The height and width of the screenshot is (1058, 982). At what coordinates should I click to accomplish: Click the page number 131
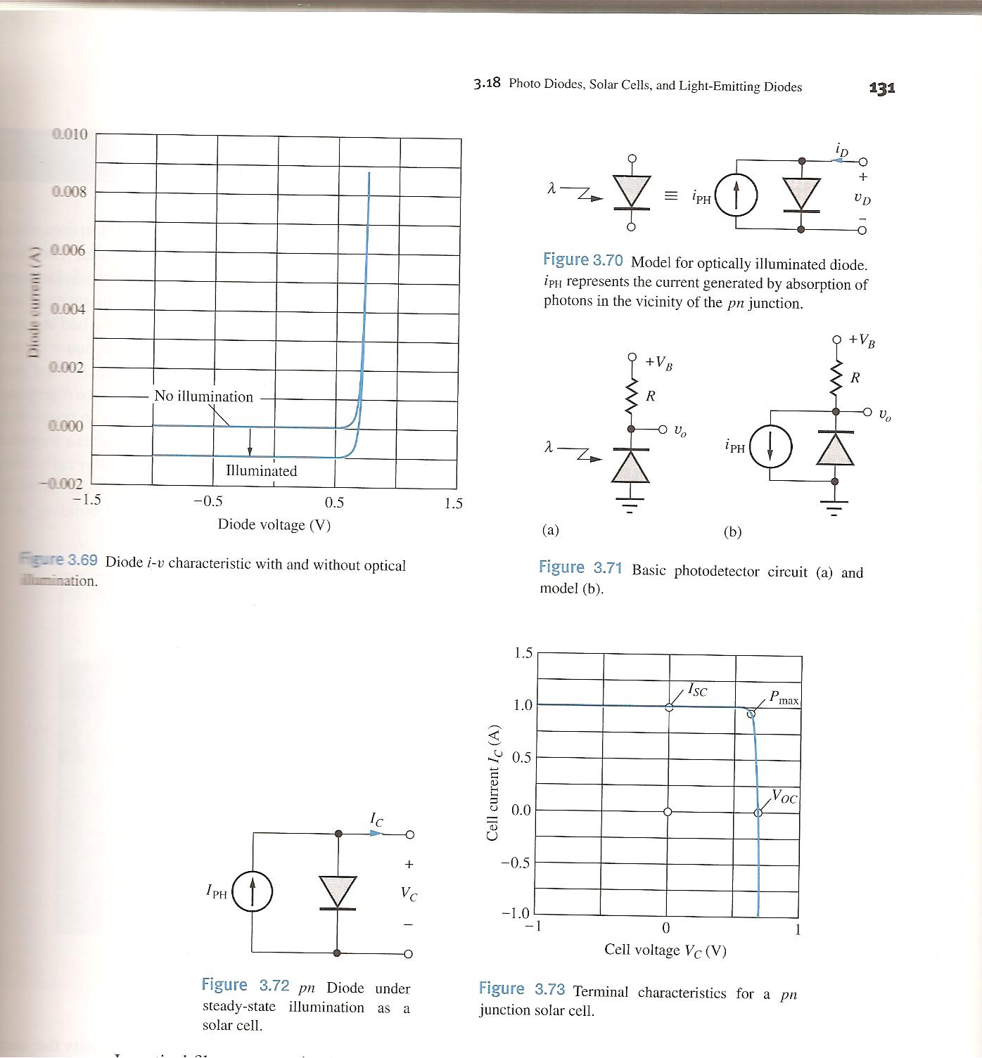tap(882, 88)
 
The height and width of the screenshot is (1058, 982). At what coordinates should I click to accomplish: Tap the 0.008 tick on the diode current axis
tap(69, 191)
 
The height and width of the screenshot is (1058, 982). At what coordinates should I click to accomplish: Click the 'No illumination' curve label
tap(203, 396)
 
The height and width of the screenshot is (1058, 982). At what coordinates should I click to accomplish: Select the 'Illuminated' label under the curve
tap(261, 471)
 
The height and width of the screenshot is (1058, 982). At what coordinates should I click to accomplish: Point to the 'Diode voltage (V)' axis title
tap(274, 524)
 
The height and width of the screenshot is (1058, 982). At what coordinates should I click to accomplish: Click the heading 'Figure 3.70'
tap(582, 260)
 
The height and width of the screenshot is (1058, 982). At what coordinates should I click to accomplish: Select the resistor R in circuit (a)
tap(632, 396)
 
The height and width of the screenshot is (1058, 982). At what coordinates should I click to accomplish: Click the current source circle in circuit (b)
tap(770, 446)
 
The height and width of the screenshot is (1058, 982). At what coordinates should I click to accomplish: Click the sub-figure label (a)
tap(550, 530)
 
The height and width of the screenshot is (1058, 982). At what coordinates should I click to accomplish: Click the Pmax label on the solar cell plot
tap(784, 698)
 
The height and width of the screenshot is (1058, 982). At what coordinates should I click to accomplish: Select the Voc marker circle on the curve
tap(758, 813)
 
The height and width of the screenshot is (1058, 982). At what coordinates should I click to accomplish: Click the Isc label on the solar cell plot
tap(697, 690)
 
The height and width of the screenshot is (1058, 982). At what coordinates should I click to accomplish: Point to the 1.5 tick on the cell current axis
tap(523, 653)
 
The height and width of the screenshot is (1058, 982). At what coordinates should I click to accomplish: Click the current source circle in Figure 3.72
tap(253, 891)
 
